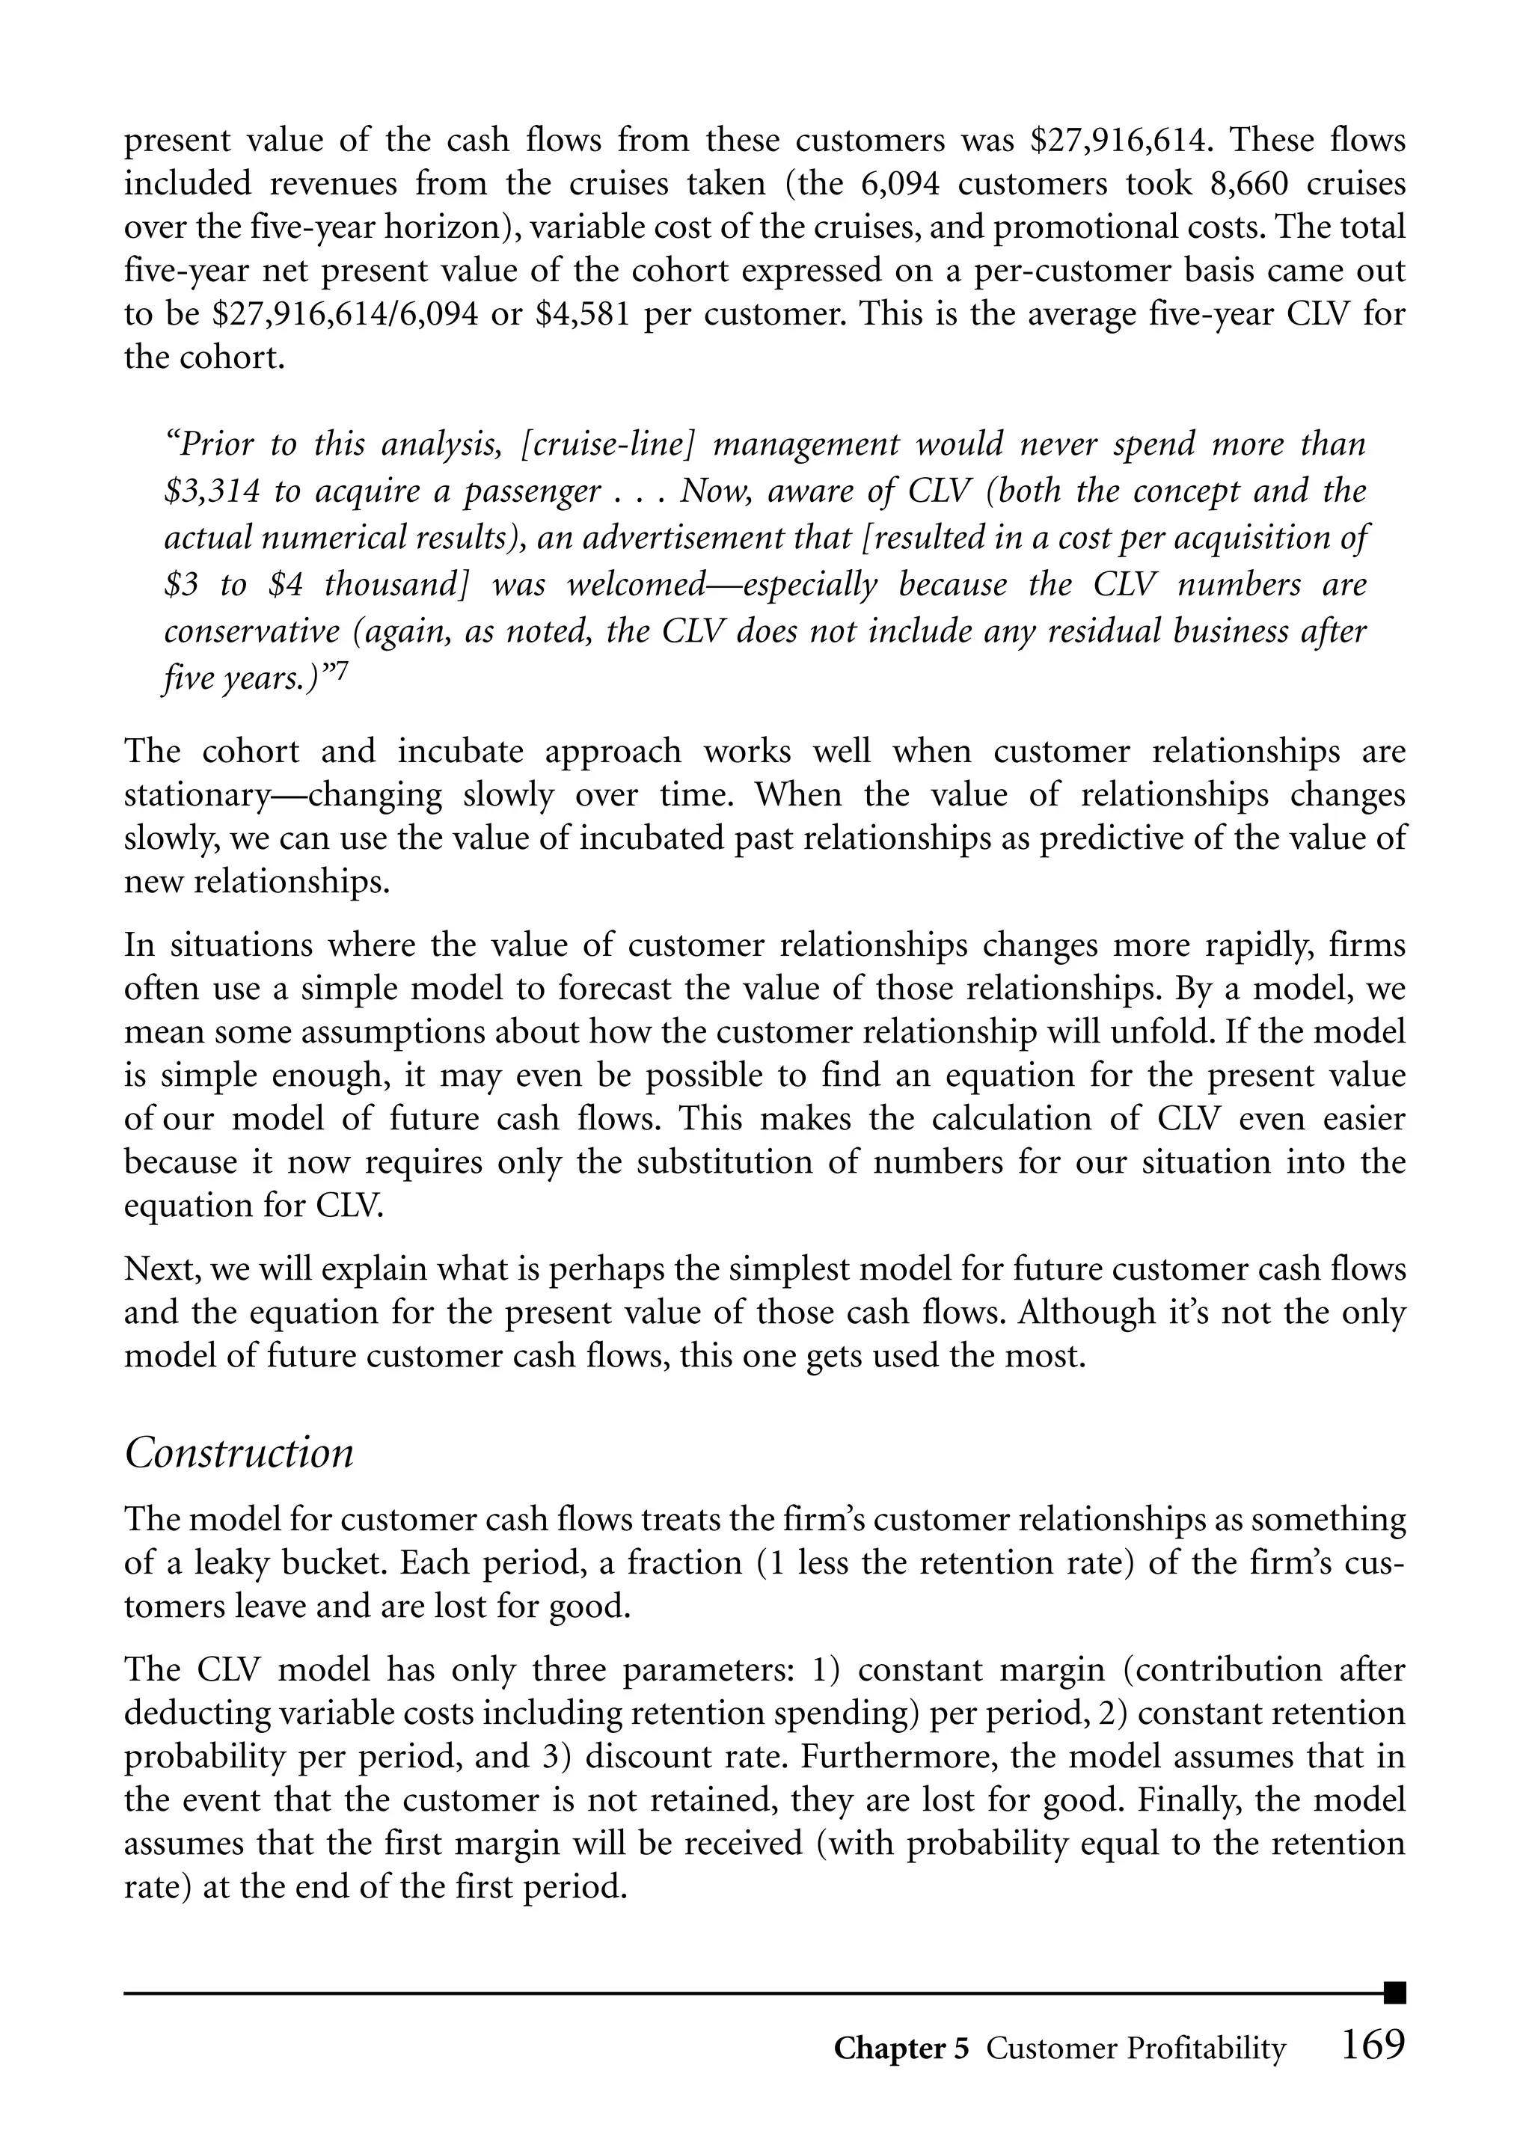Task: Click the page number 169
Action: pos(1372,2046)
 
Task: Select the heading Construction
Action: pos(239,1452)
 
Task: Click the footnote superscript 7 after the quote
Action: pos(343,675)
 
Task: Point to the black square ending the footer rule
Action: pos(1395,1992)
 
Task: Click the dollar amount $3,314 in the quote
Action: pos(209,491)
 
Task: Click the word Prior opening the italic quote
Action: pos(209,444)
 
